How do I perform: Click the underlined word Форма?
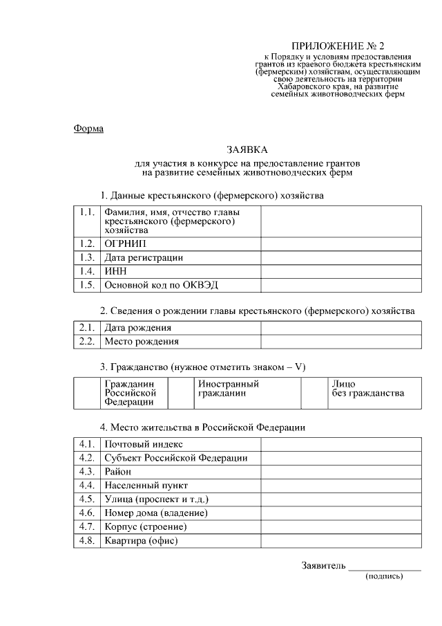click(x=88, y=129)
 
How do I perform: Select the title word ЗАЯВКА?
click(x=247, y=149)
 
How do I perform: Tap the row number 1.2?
click(x=86, y=244)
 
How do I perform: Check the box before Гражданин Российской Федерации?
click(x=87, y=393)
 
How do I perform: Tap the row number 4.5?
click(x=86, y=499)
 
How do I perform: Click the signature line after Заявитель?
click(x=385, y=569)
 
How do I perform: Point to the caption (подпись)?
click(x=384, y=576)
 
